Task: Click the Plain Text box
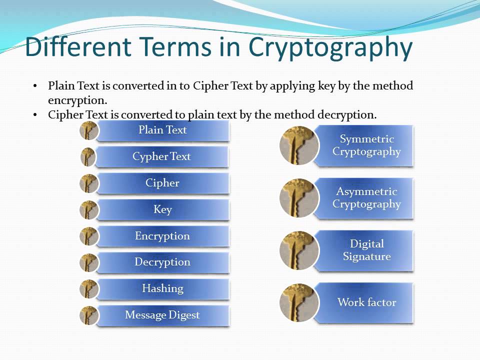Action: (162, 130)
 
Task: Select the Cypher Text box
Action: (161, 156)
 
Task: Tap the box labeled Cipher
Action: (162, 183)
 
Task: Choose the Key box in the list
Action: (162, 209)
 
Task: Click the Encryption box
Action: (162, 236)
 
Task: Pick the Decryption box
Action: (162, 262)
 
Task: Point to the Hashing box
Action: (162, 288)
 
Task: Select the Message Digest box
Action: (162, 315)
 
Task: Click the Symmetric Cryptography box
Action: (366, 145)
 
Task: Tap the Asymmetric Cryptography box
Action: (366, 198)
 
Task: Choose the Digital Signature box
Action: (366, 250)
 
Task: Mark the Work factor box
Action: (366, 302)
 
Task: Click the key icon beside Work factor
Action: (299, 303)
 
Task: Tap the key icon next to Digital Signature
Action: (299, 250)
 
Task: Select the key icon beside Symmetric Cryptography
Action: (299, 145)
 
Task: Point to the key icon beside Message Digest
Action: (88, 315)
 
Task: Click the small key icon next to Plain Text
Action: (88, 130)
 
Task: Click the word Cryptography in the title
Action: (330, 48)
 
